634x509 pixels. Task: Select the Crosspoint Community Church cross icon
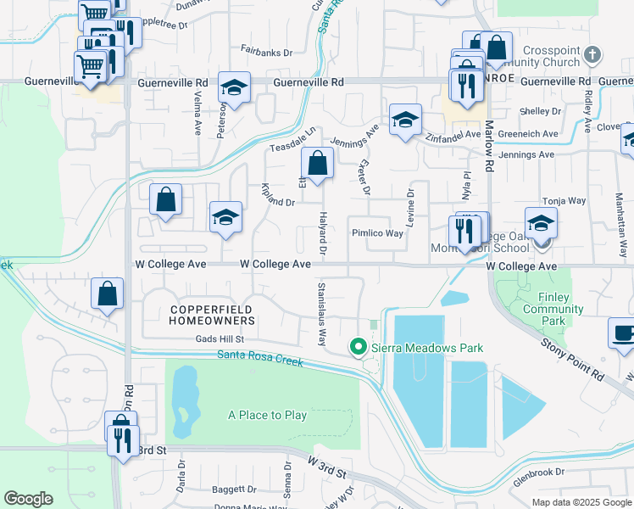(592, 55)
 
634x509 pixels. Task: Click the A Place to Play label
(267, 415)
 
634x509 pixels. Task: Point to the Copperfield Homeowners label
(212, 315)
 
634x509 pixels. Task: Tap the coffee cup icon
(624, 333)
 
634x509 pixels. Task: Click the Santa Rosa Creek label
(260, 359)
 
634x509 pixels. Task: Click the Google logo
(28, 499)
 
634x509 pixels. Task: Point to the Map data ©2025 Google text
(581, 501)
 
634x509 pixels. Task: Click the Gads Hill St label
(196, 338)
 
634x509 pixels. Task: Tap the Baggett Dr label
(234, 489)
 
